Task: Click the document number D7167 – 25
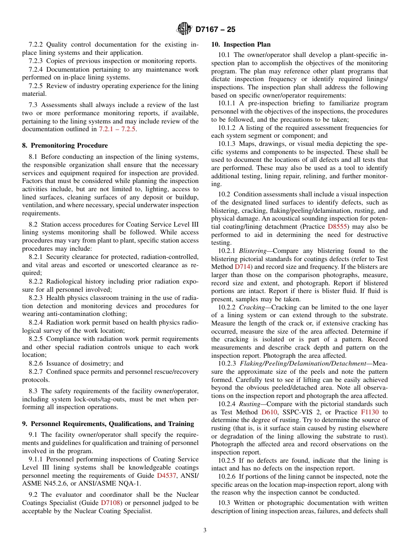point(215,30)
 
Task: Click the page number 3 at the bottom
point(205,530)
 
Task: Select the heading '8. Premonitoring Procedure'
point(65,145)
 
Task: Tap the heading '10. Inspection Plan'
point(241,44)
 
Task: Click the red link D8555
point(338,227)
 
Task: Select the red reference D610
point(269,412)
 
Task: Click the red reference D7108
point(110,503)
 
